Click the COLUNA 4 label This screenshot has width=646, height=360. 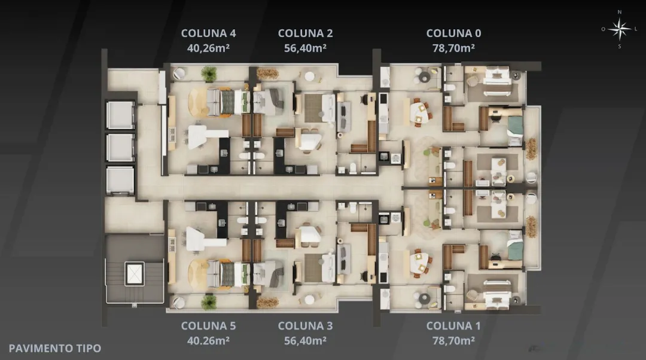pyautogui.click(x=209, y=33)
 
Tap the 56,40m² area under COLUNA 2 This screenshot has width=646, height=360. pyautogui.click(x=305, y=48)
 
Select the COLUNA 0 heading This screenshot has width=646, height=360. pyautogui.click(x=453, y=33)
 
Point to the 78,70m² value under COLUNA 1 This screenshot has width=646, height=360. pyautogui.click(x=453, y=341)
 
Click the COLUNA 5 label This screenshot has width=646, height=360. pyautogui.click(x=209, y=325)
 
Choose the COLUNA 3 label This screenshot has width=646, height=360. pyautogui.click(x=305, y=325)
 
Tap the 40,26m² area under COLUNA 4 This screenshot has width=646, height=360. pyautogui.click(x=209, y=48)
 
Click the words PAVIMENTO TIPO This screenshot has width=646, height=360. pyautogui.click(x=55, y=349)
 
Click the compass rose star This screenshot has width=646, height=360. pyautogui.click(x=619, y=29)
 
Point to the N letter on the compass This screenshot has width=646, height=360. pyautogui.click(x=619, y=13)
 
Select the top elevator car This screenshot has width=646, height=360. pyautogui.click(x=120, y=115)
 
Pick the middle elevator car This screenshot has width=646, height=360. pyautogui.click(x=120, y=147)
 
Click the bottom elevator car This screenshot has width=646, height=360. pyautogui.click(x=120, y=179)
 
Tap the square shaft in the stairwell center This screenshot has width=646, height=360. pyautogui.click(x=135, y=273)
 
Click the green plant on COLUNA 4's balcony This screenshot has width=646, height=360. pyautogui.click(x=209, y=74)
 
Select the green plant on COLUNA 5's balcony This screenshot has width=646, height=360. pyautogui.click(x=209, y=302)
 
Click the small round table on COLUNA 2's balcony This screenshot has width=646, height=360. pyautogui.click(x=309, y=77)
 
